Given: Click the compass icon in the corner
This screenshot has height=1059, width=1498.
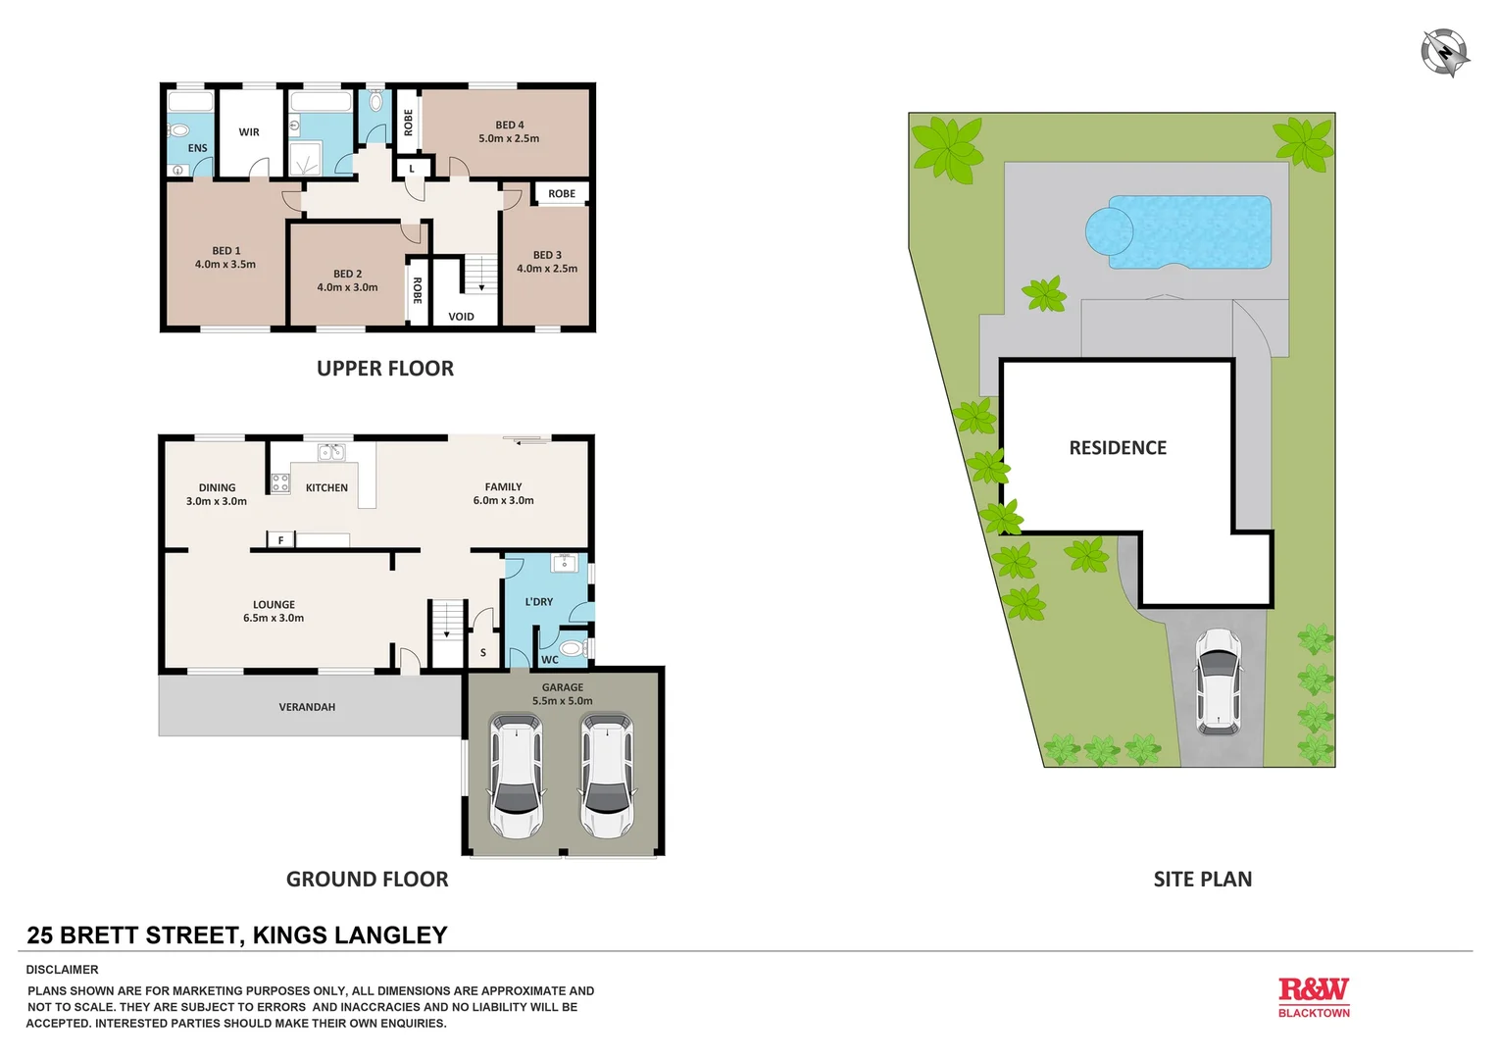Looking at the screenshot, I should [1445, 52].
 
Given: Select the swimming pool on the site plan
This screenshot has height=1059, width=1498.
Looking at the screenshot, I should [1178, 232].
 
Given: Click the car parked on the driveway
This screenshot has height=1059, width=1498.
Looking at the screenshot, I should [1218, 681].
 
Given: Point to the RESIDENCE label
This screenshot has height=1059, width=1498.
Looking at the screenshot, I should [1118, 448].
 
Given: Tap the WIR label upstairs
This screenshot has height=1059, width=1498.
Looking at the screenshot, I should [249, 132].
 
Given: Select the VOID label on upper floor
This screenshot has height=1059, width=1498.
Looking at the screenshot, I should [461, 317].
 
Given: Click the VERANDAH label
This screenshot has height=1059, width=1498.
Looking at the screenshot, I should [307, 707].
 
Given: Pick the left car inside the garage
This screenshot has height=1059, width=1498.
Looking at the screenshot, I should [516, 776].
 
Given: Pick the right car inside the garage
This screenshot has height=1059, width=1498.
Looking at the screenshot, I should [607, 776].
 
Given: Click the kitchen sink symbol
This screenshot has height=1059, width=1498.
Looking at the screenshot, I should [331, 452].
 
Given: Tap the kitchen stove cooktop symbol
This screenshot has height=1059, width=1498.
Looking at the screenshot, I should [280, 482].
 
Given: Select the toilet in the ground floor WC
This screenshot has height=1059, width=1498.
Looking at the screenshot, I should [573, 648].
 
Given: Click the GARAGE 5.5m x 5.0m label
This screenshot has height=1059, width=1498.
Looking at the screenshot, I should [563, 694].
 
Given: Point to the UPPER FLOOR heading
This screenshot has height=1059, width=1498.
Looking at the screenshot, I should [385, 369].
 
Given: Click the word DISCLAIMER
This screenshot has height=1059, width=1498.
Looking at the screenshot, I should [63, 970].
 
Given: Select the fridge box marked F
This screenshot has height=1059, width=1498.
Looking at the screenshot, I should [281, 540].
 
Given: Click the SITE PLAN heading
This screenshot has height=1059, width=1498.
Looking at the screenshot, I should [1202, 880].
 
